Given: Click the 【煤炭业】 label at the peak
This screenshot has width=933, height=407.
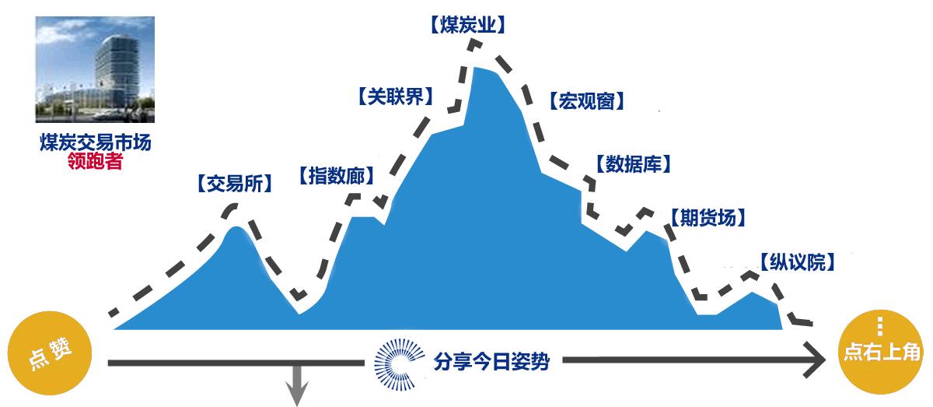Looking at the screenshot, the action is tap(467, 25).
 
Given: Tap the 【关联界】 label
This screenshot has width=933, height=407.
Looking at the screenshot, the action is tap(396, 96).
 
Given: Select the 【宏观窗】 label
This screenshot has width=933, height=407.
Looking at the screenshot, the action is tap(587, 101).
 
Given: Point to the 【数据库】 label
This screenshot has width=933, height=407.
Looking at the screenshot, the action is tap(634, 164).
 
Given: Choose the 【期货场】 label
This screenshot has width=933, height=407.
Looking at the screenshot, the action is tap(708, 218).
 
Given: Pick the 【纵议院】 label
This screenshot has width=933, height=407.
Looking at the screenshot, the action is tap(798, 262).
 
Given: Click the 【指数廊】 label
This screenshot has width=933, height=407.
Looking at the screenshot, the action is tap(337, 176).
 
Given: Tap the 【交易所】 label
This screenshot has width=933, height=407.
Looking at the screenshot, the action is tap(235, 184).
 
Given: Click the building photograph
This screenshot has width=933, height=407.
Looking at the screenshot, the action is tap(95, 69).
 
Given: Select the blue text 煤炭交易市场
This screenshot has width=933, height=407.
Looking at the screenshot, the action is tap(96, 142).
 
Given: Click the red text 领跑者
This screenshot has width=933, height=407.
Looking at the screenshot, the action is tap(96, 161).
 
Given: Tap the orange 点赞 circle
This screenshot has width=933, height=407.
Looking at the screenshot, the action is tap(50, 353).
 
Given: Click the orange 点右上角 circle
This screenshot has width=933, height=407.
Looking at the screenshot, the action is tap(880, 352).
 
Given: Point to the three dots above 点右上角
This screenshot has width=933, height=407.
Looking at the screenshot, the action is tap(879, 326).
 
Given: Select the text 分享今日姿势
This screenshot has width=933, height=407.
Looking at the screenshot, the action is tap(491, 362).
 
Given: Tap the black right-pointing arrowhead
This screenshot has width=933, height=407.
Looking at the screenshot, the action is tap(814, 360).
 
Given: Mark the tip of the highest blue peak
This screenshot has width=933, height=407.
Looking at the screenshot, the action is tap(475, 67).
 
